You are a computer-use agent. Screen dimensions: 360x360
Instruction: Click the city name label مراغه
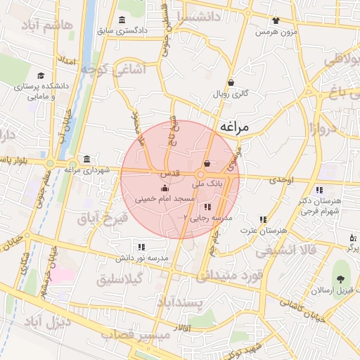pyautogui.click(x=235, y=127)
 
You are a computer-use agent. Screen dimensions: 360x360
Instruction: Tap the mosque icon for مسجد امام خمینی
pyautogui.click(x=165, y=188)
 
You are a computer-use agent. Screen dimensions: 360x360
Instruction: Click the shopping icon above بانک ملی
pyautogui.click(x=206, y=164)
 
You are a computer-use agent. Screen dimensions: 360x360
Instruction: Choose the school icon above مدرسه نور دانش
pyautogui.click(x=141, y=247)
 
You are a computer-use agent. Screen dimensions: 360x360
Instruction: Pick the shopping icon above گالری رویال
pyautogui.click(x=231, y=82)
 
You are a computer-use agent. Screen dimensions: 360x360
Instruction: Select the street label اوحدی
pyautogui.click(x=281, y=180)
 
